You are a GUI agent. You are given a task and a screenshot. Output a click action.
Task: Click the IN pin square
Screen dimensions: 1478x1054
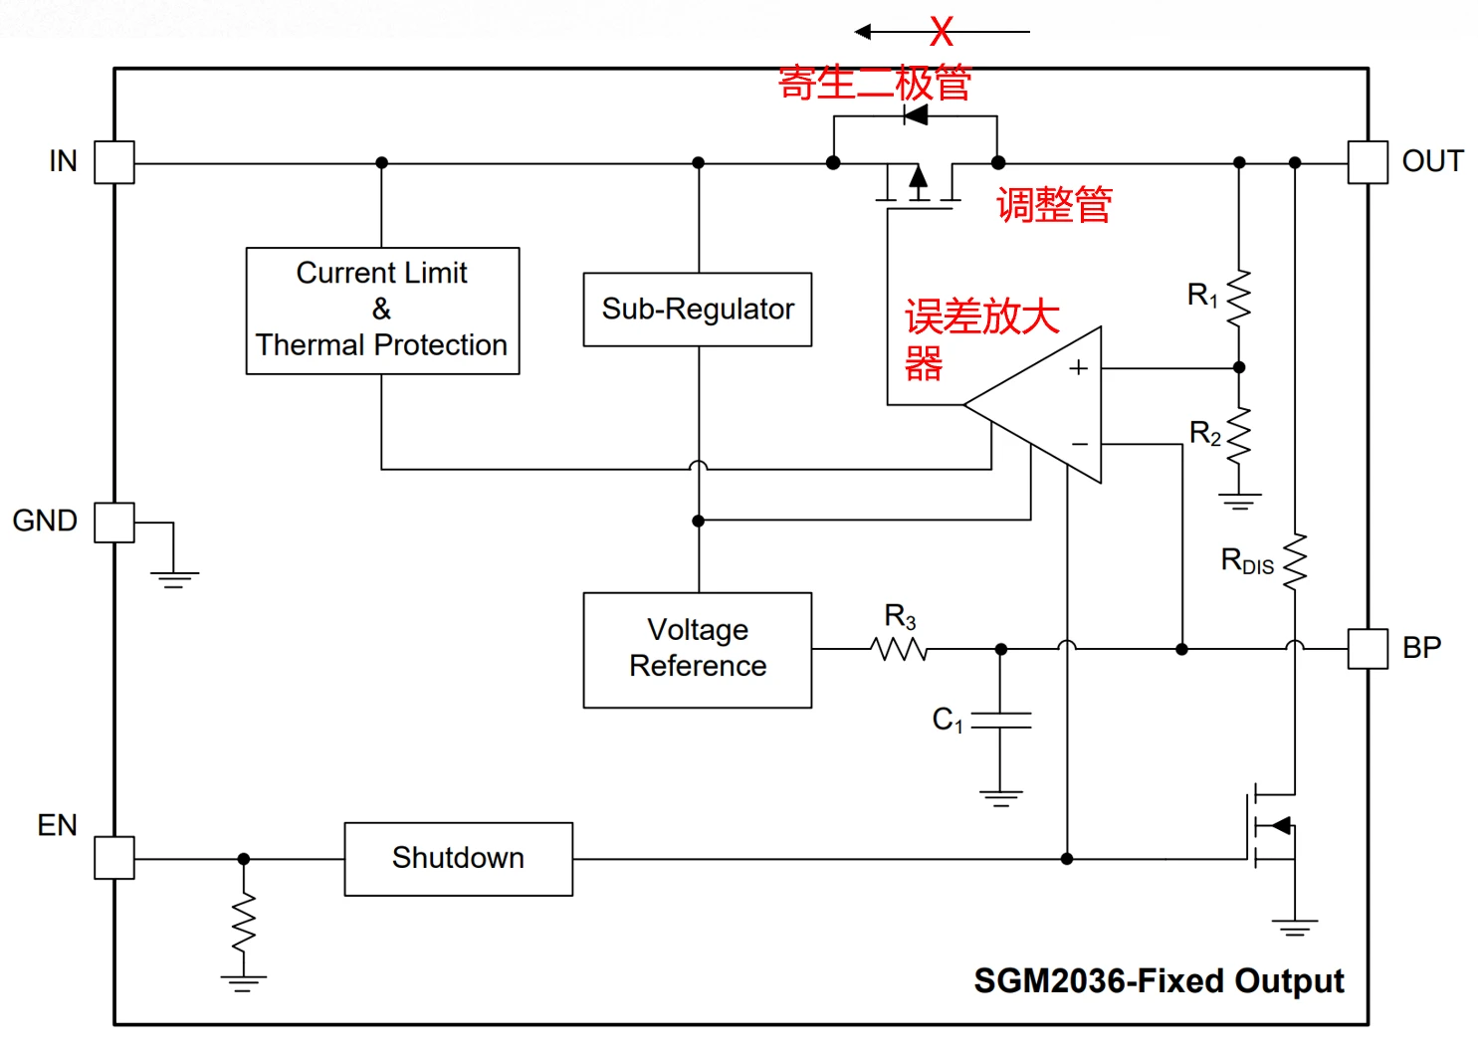tap(114, 161)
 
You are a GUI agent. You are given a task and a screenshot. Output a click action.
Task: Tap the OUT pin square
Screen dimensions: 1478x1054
tap(1368, 161)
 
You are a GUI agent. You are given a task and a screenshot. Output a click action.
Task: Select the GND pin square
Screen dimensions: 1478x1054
tap(114, 523)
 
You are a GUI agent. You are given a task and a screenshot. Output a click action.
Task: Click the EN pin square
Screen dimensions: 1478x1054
tap(114, 857)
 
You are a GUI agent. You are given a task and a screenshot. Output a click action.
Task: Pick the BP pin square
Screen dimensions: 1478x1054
tap(1368, 649)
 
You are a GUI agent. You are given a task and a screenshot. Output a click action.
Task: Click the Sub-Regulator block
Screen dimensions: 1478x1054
tap(698, 310)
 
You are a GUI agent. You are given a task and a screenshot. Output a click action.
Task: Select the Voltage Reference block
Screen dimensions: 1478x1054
tap(698, 650)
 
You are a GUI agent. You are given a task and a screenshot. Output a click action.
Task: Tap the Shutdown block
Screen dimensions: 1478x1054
tap(459, 859)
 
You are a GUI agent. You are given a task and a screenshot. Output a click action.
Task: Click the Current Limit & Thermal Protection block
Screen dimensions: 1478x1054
tap(383, 311)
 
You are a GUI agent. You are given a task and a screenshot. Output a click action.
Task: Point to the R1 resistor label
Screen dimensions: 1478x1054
tap(1202, 295)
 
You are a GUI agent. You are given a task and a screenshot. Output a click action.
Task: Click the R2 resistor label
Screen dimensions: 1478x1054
tap(1205, 434)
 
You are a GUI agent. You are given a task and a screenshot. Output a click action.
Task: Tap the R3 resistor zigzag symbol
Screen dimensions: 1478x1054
tap(899, 649)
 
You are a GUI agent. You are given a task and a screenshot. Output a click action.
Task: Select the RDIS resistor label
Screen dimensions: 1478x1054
tap(1247, 561)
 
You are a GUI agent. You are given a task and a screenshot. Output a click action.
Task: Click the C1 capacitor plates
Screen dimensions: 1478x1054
tap(1001, 720)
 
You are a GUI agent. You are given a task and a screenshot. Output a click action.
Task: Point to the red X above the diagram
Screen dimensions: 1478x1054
tap(942, 32)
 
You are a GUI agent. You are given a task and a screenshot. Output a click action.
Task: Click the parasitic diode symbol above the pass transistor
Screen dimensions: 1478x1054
tap(916, 116)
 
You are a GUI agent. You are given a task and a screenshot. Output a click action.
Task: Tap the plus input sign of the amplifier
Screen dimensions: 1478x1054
tap(1078, 367)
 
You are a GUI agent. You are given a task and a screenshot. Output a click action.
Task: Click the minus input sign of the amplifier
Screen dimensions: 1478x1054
tap(1080, 444)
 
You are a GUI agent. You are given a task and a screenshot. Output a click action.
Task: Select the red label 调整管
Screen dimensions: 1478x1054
tap(1054, 204)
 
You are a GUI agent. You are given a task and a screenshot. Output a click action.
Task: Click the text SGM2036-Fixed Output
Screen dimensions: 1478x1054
tap(1159, 980)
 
